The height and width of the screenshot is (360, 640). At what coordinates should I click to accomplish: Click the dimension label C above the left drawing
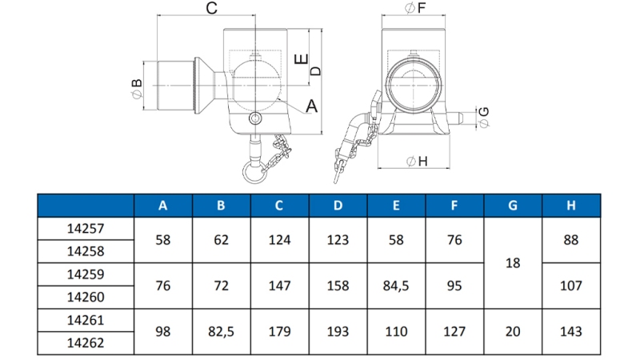[212, 9]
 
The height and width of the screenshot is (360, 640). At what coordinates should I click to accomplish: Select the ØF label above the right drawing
[415, 9]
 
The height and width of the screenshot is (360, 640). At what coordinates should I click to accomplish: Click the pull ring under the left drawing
[255, 170]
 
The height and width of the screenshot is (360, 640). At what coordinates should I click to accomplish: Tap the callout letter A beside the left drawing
[312, 105]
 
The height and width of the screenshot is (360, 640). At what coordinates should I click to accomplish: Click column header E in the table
[396, 206]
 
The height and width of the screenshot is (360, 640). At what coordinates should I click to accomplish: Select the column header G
[513, 206]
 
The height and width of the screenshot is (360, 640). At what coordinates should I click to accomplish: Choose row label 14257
[85, 228]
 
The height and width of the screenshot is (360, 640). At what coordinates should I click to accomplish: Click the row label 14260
[85, 297]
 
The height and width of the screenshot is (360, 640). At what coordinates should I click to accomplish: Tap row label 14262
[85, 342]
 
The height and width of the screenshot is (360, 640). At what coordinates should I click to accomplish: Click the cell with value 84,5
[396, 286]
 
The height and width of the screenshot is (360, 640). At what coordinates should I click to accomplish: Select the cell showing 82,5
[221, 331]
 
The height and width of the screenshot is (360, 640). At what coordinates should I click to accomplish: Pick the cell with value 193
[338, 331]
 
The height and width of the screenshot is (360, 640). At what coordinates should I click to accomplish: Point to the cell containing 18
[513, 262]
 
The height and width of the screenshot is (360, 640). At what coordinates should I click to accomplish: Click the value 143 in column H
[571, 331]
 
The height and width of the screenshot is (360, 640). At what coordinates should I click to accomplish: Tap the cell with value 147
[279, 286]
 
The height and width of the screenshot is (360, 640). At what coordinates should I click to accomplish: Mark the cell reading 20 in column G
[513, 331]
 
